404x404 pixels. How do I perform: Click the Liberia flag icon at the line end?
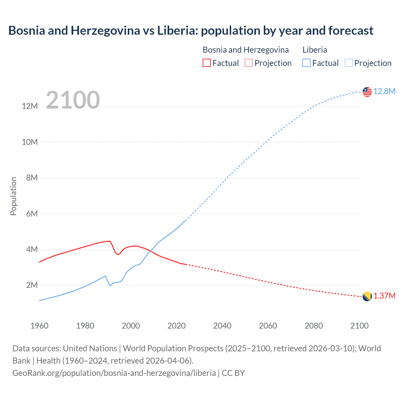[x=367, y=92]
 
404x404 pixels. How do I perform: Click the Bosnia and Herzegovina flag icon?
[x=367, y=296]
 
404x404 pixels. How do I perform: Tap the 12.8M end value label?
[x=384, y=91]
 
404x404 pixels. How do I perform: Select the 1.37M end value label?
[x=384, y=296]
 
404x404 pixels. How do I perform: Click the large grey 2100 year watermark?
[x=73, y=100]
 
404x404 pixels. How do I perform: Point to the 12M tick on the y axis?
[x=30, y=106]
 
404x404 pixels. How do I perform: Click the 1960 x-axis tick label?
[x=39, y=326]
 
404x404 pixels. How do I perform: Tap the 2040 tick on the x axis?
[x=222, y=326]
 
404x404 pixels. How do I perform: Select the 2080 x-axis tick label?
[x=314, y=326]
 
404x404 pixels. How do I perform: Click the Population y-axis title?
[x=13, y=196]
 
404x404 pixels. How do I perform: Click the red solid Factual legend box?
[x=206, y=63]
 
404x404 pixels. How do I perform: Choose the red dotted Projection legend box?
[x=249, y=63]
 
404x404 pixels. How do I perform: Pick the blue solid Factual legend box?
[x=306, y=63]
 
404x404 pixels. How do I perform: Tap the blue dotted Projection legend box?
[x=349, y=63]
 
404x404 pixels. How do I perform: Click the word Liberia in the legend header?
[x=315, y=50]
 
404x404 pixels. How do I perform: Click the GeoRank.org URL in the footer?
[x=114, y=373]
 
